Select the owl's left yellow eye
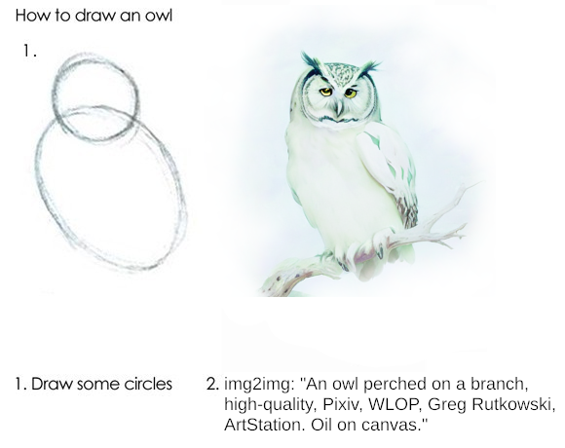(x=325, y=92)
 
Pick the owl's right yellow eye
(x=351, y=93)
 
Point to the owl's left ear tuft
(x=310, y=63)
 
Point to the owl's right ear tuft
(x=370, y=68)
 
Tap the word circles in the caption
(x=148, y=384)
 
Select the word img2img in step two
(x=257, y=385)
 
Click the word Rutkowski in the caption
(x=512, y=404)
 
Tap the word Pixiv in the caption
(x=342, y=404)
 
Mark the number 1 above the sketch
(x=26, y=51)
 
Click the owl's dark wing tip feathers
(x=407, y=211)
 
